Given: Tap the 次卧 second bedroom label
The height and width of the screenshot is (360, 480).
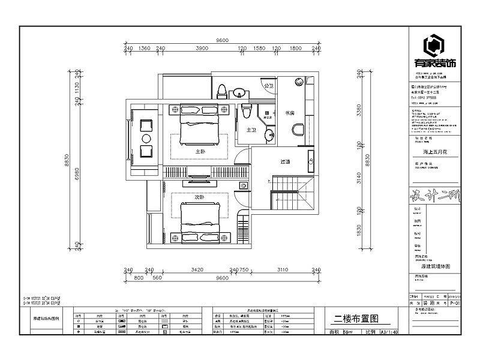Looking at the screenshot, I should (x=199, y=197).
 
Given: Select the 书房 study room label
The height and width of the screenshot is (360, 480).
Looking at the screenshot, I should (x=289, y=112).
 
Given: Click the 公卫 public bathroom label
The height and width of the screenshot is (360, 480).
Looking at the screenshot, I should (x=268, y=86).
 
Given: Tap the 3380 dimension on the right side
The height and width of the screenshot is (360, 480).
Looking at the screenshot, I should (x=359, y=112).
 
